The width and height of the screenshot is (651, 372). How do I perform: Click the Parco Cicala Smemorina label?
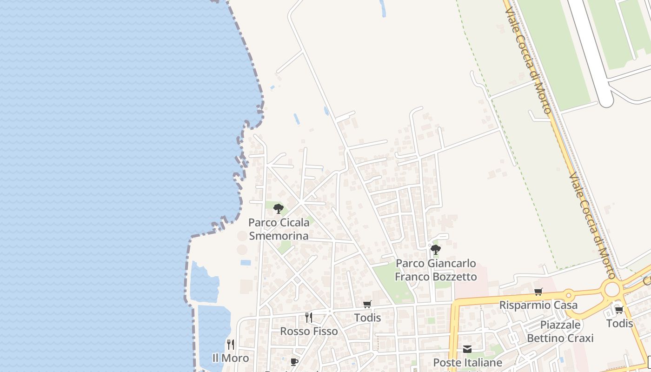tap(279, 229)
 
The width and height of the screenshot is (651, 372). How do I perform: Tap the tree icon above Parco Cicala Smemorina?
tap(279, 209)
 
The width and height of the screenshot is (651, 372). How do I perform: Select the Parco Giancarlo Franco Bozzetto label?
tap(436, 270)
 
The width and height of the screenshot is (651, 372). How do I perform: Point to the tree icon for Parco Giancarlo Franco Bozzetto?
tap(435, 250)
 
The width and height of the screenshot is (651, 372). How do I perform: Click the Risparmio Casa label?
tap(538, 305)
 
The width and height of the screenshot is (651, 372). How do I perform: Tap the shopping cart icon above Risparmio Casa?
tap(538, 292)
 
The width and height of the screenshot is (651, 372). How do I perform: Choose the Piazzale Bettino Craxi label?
tap(560, 331)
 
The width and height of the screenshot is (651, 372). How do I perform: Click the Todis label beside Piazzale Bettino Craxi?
tap(619, 323)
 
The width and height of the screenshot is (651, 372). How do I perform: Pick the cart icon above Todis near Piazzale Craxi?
tap(619, 310)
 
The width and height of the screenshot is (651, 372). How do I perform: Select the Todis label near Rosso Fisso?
tap(367, 318)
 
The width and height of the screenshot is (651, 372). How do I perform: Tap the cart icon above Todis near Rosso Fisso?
tap(367, 305)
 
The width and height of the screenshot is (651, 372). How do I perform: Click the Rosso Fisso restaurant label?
tap(309, 331)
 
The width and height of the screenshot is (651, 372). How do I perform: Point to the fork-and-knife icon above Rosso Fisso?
tap(308, 318)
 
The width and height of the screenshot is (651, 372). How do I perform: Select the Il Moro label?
tap(230, 358)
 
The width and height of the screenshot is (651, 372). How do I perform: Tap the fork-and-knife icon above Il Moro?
tap(230, 345)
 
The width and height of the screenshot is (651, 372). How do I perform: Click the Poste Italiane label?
tap(467, 362)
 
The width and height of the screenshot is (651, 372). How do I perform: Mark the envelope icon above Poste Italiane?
tap(467, 349)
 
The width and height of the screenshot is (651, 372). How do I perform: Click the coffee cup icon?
tap(294, 362)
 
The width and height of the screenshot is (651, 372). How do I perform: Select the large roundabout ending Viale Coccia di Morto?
tap(612, 289)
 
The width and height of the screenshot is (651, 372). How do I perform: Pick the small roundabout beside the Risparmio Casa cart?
tap(568, 294)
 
